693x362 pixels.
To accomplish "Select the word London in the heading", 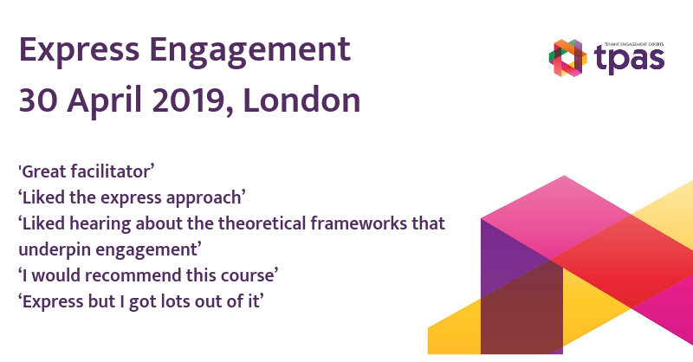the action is pos(301,100).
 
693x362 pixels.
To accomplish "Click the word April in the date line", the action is pos(105,102).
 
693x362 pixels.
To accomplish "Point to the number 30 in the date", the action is pos(38,100).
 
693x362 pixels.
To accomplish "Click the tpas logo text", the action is pos(630,60).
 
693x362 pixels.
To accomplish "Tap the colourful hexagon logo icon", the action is pos(568,58).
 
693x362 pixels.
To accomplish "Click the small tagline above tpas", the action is pos(634,45).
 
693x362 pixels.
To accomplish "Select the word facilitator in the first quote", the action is pos(113,171).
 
